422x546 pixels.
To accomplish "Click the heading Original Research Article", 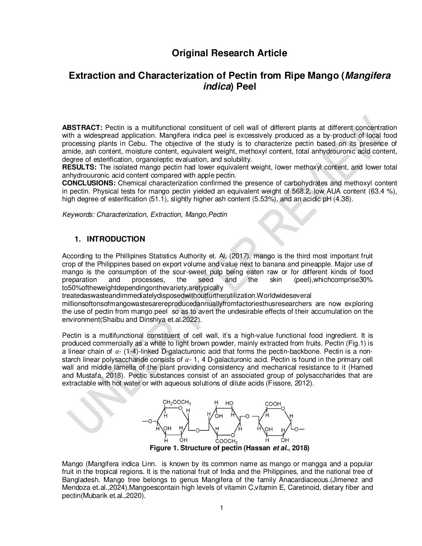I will click(230, 53).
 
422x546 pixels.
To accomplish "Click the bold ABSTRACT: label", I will click(82, 128).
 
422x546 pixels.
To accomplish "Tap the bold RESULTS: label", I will click(80, 167).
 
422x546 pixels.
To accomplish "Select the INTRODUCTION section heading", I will click(116, 239).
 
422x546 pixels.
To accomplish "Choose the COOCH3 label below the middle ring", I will click(227, 442).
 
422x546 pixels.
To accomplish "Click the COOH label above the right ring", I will click(273, 404).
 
